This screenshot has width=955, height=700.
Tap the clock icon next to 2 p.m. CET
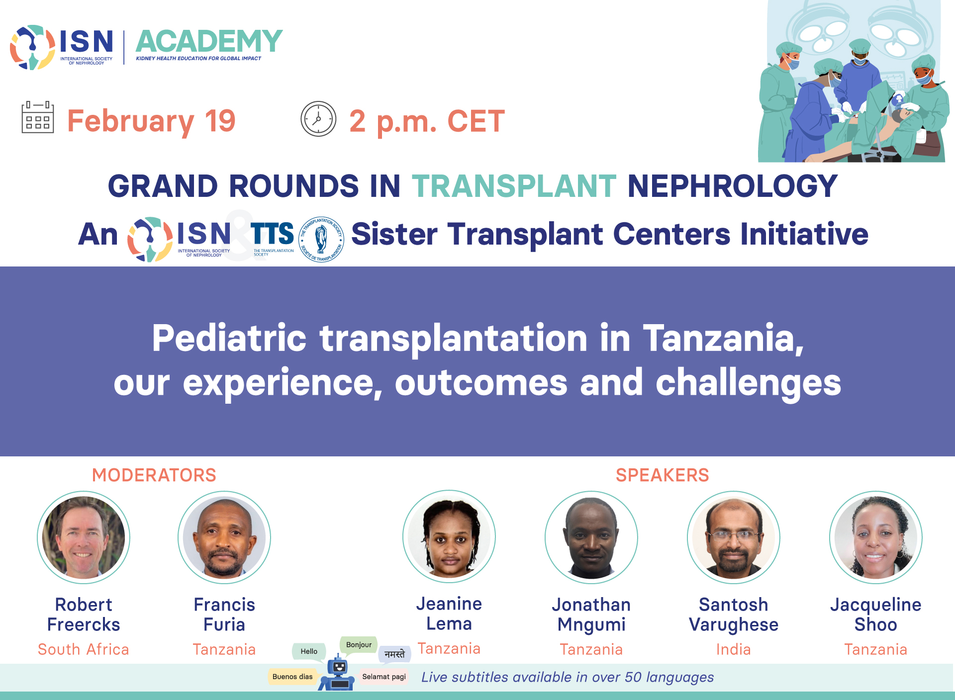318,119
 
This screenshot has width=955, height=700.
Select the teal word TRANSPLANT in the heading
514,186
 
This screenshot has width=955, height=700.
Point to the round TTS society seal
321,239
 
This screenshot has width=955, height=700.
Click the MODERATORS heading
154,475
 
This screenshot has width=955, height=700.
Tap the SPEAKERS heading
663,475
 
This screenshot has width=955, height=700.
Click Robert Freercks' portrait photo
84,537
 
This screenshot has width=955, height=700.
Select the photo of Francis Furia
224,537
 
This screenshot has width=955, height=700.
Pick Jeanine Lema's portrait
449,536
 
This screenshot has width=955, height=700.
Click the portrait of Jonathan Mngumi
591,537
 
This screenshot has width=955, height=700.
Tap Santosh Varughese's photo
734,537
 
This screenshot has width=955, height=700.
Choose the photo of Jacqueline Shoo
876,537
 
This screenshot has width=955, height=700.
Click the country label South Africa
84,649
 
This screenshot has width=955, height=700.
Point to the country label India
734,649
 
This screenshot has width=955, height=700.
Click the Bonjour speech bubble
359,645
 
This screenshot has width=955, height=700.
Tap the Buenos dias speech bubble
292,677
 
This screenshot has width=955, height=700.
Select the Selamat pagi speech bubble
384,677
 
